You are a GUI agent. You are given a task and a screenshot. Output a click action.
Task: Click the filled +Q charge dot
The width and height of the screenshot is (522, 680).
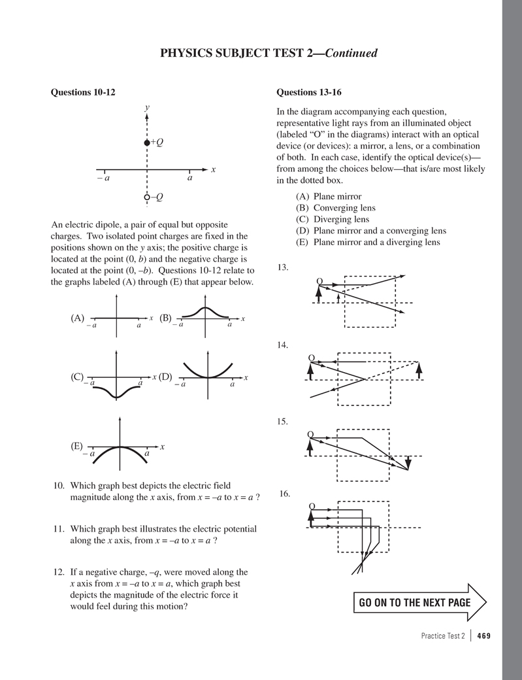click(x=147, y=143)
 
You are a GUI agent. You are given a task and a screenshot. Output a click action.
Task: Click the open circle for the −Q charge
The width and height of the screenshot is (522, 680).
click(x=147, y=197)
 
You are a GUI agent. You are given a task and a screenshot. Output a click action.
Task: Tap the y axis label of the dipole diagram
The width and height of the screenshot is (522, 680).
click(x=148, y=107)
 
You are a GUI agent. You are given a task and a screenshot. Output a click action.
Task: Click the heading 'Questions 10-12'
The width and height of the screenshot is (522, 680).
click(x=83, y=92)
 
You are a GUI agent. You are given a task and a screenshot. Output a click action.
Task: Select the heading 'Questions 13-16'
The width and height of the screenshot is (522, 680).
click(x=309, y=92)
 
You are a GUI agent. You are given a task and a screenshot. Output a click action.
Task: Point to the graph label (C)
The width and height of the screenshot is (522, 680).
click(x=77, y=377)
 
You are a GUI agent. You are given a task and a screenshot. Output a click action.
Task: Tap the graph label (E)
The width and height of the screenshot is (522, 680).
click(x=77, y=447)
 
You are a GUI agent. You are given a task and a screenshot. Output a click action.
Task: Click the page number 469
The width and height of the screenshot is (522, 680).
click(x=484, y=636)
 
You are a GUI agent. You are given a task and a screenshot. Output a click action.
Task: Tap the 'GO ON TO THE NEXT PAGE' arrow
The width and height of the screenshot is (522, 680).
click(x=419, y=602)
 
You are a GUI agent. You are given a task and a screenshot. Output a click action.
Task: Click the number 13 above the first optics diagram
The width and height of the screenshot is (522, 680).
click(x=283, y=267)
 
